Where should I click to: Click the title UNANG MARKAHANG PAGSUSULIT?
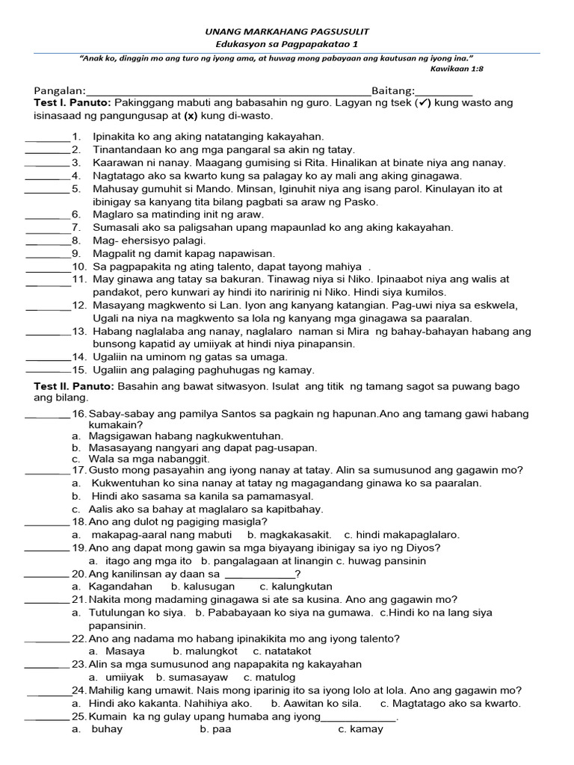(287, 32)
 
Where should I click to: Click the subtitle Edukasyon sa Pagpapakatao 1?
(287, 46)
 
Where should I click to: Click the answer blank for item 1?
(48, 138)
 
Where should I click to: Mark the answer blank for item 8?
(48, 242)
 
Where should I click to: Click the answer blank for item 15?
(48, 371)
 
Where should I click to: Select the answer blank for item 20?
(46, 575)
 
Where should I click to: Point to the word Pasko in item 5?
(363, 202)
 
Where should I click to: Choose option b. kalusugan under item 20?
(192, 586)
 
